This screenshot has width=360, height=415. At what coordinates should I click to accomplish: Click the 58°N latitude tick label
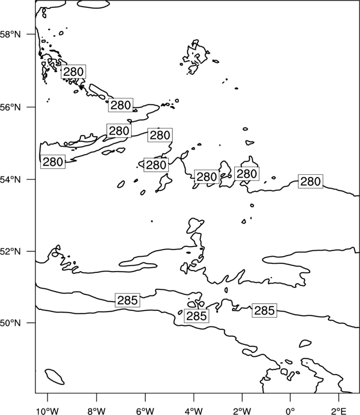(11, 34)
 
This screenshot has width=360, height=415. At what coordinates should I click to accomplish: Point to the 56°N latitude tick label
(11, 107)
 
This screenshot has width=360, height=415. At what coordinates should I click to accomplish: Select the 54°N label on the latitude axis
(11, 179)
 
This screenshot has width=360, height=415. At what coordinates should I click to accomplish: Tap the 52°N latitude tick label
(11, 251)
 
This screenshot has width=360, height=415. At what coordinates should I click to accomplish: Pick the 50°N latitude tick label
(11, 323)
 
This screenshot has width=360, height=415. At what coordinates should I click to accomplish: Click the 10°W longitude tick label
(48, 411)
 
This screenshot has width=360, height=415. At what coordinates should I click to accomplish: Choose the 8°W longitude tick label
(96, 411)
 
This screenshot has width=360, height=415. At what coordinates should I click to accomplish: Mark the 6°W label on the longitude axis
(145, 411)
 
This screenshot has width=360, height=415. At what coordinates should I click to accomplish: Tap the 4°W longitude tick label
(194, 411)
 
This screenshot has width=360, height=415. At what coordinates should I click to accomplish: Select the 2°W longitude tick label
(242, 411)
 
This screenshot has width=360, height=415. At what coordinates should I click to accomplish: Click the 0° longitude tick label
(290, 411)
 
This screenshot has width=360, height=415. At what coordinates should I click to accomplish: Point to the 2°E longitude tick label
(339, 411)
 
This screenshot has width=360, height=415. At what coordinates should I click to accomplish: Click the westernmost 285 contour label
(127, 300)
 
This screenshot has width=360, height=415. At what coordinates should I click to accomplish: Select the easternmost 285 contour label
(264, 310)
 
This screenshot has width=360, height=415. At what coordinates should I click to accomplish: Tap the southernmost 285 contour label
(196, 316)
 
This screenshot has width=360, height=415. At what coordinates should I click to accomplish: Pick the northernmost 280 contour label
(73, 71)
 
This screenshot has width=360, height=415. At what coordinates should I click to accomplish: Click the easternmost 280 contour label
(311, 181)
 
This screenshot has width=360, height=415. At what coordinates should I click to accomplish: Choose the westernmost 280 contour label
(53, 162)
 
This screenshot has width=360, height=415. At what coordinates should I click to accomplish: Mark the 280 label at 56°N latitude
(121, 105)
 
